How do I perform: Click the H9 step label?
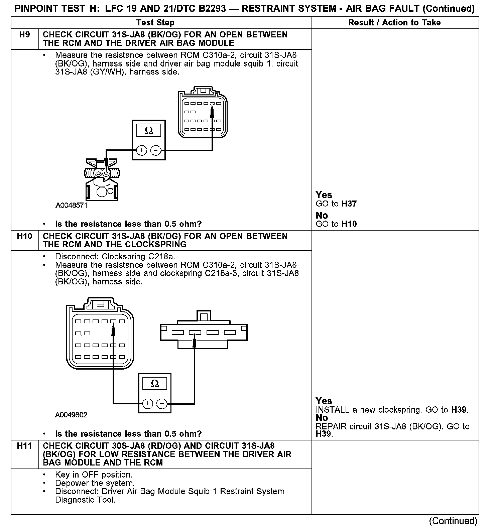(25, 35)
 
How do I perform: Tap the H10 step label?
(25, 237)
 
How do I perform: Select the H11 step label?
(25, 446)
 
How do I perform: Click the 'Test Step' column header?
(155, 23)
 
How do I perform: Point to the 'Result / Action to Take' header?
(394, 23)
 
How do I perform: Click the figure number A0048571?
(72, 206)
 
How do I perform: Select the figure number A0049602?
(72, 415)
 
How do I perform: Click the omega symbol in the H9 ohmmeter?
(149, 130)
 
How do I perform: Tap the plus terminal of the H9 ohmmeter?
(142, 151)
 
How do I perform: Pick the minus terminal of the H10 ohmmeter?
(162, 404)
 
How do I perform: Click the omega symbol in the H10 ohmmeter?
(155, 383)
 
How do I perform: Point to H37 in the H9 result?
(350, 204)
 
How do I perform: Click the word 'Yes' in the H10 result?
(324, 401)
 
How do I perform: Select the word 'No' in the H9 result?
(322, 216)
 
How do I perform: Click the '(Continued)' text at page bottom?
(453, 521)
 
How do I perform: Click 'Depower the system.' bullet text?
(95, 483)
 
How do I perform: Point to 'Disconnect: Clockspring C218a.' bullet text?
(115, 257)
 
